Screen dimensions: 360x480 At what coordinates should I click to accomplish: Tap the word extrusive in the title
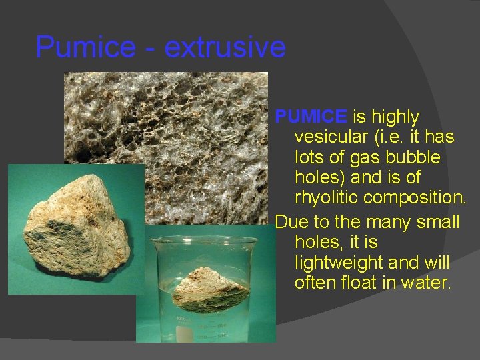225,47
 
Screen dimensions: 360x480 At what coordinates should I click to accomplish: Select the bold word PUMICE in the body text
311,117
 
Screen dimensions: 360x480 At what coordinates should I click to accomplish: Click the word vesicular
329,137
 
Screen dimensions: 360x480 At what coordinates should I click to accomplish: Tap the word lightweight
338,263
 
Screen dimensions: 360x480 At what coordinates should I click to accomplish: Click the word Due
289,221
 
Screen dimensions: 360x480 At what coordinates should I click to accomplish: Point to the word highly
395,117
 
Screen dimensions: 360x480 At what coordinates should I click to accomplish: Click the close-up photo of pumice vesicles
167,133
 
